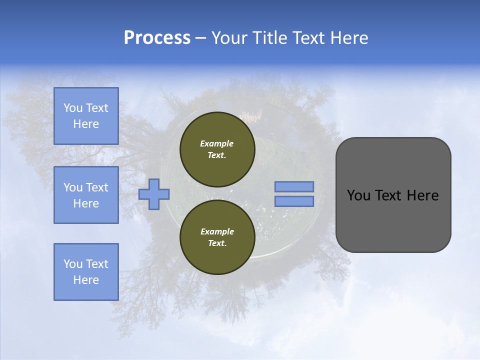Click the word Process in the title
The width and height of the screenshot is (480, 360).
pyautogui.click(x=157, y=38)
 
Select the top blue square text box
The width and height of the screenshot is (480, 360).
pyautogui.click(x=86, y=116)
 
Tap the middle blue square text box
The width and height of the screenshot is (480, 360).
pyautogui.click(x=86, y=195)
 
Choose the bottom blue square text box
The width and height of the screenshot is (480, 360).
pyautogui.click(x=86, y=272)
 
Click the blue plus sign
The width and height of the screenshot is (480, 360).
pyautogui.click(x=154, y=194)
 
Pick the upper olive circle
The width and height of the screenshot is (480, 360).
pyautogui.click(x=217, y=149)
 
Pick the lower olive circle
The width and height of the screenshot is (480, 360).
pyautogui.click(x=217, y=237)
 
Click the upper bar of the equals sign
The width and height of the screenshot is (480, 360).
pyautogui.click(x=294, y=186)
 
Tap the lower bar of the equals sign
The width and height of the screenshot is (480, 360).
pyautogui.click(x=294, y=201)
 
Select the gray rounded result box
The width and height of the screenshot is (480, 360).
pyautogui.click(x=393, y=194)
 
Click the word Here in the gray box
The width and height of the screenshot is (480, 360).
pyautogui.click(x=422, y=195)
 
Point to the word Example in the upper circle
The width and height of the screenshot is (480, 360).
pyautogui.click(x=217, y=143)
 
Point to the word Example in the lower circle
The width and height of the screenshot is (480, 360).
pyautogui.click(x=217, y=231)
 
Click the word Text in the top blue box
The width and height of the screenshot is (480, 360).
pyautogui.click(x=96, y=108)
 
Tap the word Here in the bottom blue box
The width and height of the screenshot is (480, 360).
pyautogui.click(x=86, y=280)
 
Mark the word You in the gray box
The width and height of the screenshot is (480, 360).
pyautogui.click(x=358, y=195)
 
